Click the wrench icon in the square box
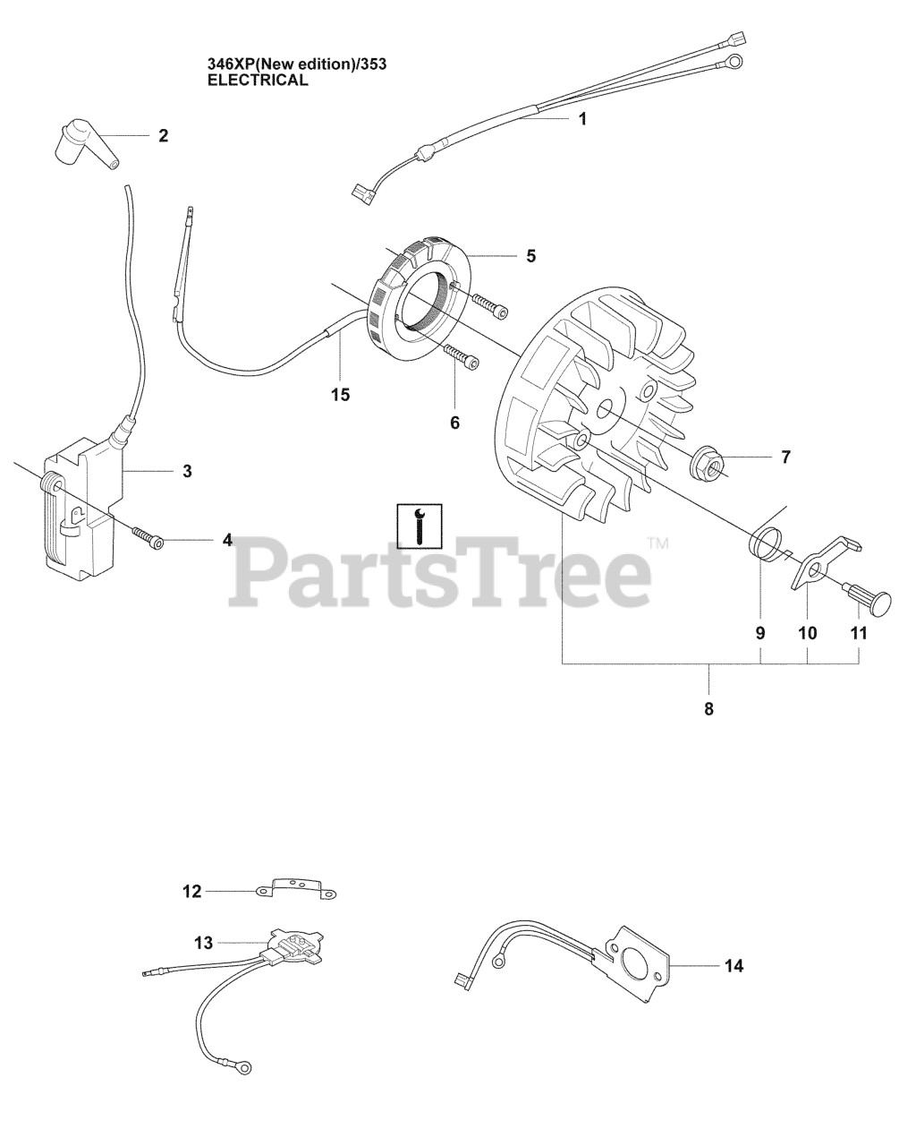pos(419,526)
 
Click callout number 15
pos(340,393)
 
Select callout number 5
pos(530,255)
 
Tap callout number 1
pos(582,118)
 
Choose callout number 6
pos(454,421)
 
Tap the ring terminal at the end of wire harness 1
pos(734,62)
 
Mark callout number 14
pos(734,965)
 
